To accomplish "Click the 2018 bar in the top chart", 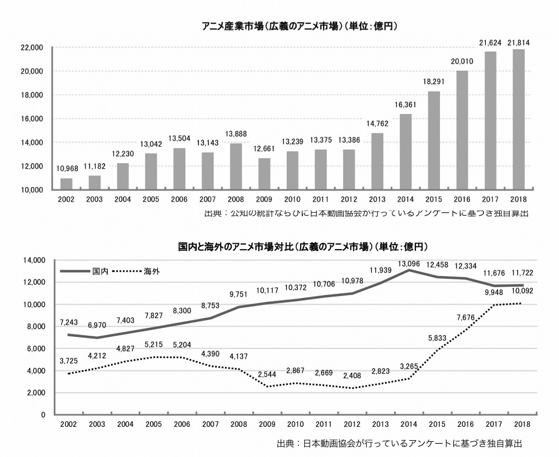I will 518,120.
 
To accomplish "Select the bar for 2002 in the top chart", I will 67,184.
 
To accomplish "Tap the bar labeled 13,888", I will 236,166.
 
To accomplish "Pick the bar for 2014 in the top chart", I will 405,151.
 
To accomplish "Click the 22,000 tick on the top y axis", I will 32,47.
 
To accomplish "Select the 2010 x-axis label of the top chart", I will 292,199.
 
